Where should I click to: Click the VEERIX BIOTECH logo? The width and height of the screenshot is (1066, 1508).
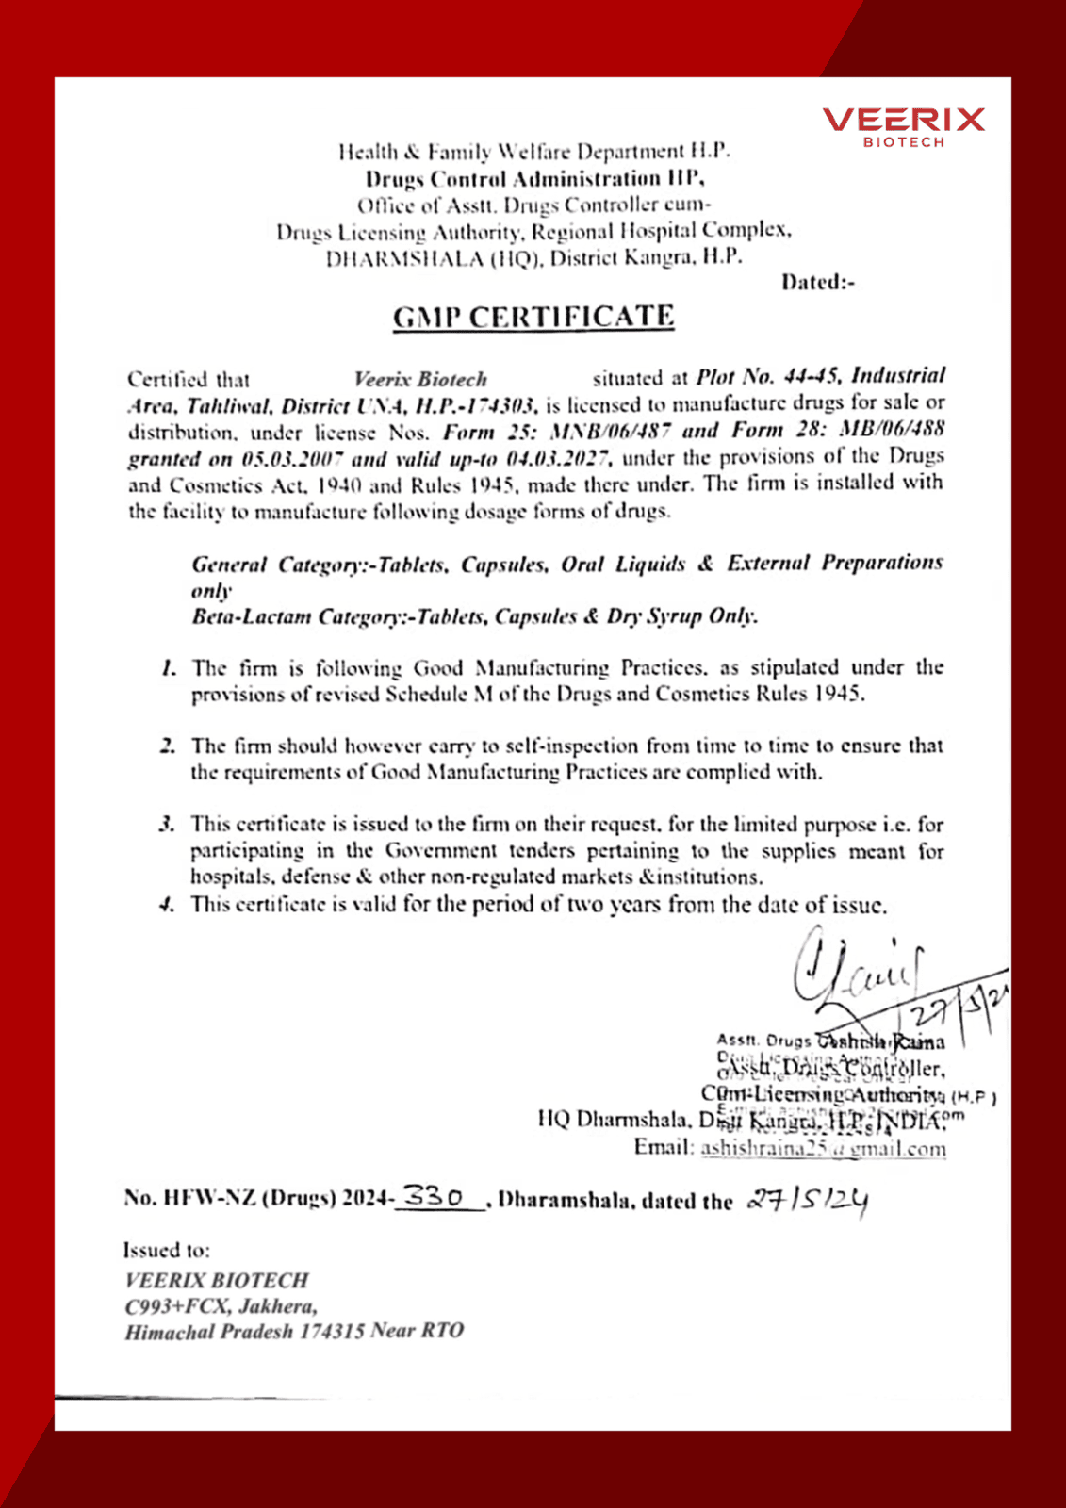(903, 126)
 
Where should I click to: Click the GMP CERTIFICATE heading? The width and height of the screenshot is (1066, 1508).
(533, 317)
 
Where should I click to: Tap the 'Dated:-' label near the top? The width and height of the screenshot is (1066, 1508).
(817, 282)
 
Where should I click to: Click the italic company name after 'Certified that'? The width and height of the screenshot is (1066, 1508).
(420, 380)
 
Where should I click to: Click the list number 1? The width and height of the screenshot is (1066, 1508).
(169, 668)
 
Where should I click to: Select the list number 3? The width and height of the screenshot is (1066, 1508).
(167, 825)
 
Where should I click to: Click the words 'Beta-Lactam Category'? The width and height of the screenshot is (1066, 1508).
(252, 617)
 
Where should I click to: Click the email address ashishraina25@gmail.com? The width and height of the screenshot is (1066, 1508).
(823, 1148)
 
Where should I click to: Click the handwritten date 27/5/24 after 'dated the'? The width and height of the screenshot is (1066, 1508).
(808, 1200)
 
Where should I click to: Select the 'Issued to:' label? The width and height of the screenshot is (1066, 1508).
(167, 1250)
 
